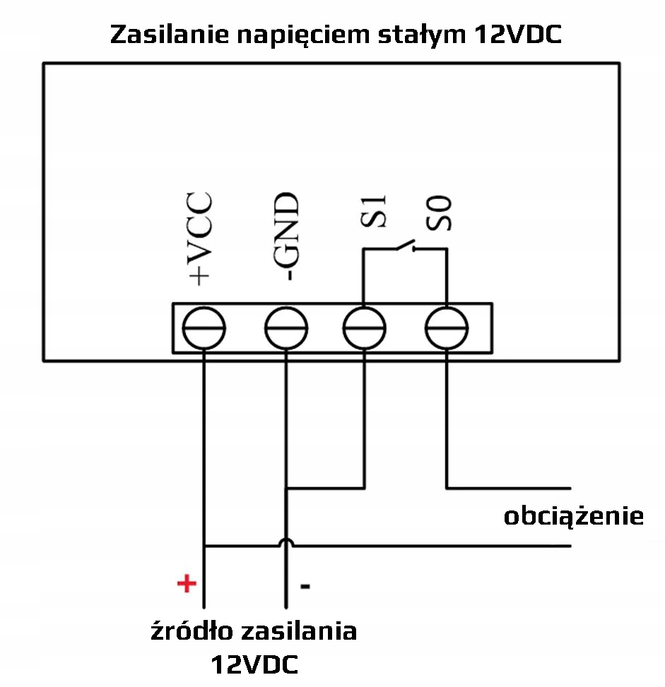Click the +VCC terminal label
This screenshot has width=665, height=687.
(x=200, y=237)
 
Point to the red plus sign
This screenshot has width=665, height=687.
(x=185, y=584)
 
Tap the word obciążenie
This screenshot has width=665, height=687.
(x=573, y=516)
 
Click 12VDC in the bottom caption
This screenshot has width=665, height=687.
(x=254, y=664)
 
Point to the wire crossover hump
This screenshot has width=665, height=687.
(x=286, y=542)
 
